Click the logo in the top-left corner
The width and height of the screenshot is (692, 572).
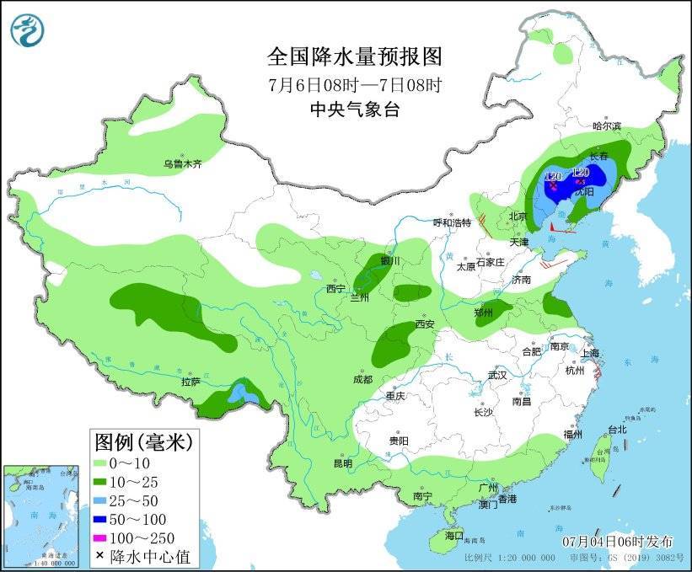[x=27, y=30]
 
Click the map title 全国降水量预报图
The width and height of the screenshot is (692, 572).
[x=354, y=56]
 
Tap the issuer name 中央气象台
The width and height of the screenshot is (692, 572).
[x=354, y=109]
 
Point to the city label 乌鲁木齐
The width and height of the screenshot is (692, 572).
[x=183, y=164]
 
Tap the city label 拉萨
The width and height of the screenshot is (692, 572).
[x=190, y=382]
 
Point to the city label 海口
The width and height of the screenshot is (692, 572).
[x=454, y=535]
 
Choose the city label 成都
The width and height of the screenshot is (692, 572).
[x=362, y=379]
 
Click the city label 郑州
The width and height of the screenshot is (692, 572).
[x=483, y=313]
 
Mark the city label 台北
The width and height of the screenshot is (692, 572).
[x=617, y=429]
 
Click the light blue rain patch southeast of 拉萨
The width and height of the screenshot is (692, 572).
[x=243, y=392]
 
